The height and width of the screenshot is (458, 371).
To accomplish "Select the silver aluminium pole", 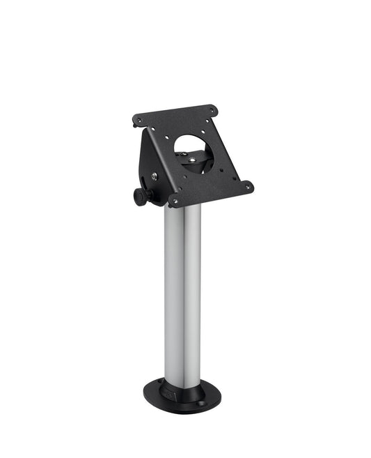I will tap(182, 293).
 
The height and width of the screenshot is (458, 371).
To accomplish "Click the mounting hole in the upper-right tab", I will tap(212, 109).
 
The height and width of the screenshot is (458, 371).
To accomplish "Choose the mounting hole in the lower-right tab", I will tap(246, 185).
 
